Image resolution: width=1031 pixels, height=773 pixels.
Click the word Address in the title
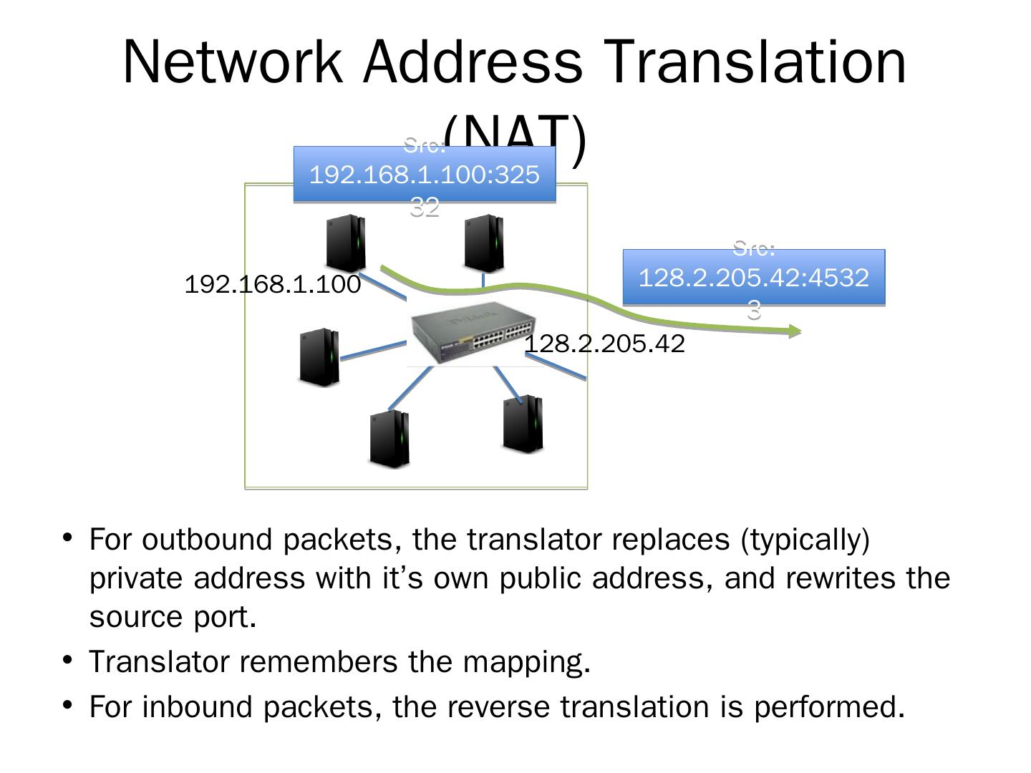(473, 62)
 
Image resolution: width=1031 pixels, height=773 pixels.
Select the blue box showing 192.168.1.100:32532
(425, 175)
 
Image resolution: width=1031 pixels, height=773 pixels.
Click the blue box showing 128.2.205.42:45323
(753, 278)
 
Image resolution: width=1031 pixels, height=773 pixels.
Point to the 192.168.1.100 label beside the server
(273, 285)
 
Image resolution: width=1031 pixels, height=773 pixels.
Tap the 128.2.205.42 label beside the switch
(605, 344)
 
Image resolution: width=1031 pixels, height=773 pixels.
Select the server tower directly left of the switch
(319, 357)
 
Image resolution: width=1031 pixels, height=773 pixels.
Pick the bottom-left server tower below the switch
(390, 439)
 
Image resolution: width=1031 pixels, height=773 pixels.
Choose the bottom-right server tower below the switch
(523, 423)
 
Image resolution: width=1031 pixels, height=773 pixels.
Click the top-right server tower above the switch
(484, 243)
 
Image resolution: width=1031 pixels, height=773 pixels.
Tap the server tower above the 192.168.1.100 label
(346, 243)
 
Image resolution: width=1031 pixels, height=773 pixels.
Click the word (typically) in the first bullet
(805, 540)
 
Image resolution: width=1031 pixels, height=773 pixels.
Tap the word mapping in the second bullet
(526, 662)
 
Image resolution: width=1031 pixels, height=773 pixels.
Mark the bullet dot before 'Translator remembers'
(68, 658)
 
